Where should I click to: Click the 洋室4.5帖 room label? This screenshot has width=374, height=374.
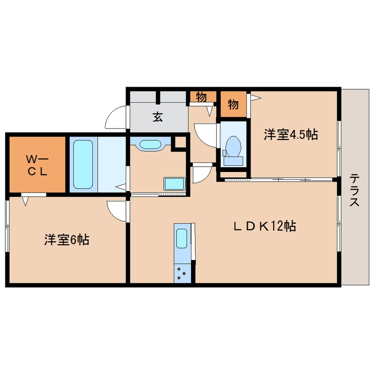[x=291, y=134]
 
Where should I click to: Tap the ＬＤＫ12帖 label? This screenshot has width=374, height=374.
[x=265, y=226]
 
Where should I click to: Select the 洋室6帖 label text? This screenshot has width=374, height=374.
[x=67, y=240]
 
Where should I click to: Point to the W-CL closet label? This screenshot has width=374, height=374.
[x=37, y=165]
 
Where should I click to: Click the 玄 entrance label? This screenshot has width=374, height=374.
[x=158, y=117]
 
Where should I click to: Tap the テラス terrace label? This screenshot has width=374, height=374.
[x=355, y=191]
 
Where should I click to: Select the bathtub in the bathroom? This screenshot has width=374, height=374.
[x=83, y=164]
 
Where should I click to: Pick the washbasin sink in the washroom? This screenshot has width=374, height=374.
[x=150, y=145]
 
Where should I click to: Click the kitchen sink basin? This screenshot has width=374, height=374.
[x=182, y=239]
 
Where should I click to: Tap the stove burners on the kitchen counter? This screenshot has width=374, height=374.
[x=181, y=273]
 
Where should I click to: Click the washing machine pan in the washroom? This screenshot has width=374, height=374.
[x=174, y=184]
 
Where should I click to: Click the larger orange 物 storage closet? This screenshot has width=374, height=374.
[x=233, y=104]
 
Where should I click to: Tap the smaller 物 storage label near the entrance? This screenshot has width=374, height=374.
[x=201, y=97]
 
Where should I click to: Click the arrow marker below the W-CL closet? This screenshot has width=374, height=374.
[x=26, y=201]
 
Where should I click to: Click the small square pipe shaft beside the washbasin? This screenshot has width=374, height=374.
[x=180, y=142]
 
